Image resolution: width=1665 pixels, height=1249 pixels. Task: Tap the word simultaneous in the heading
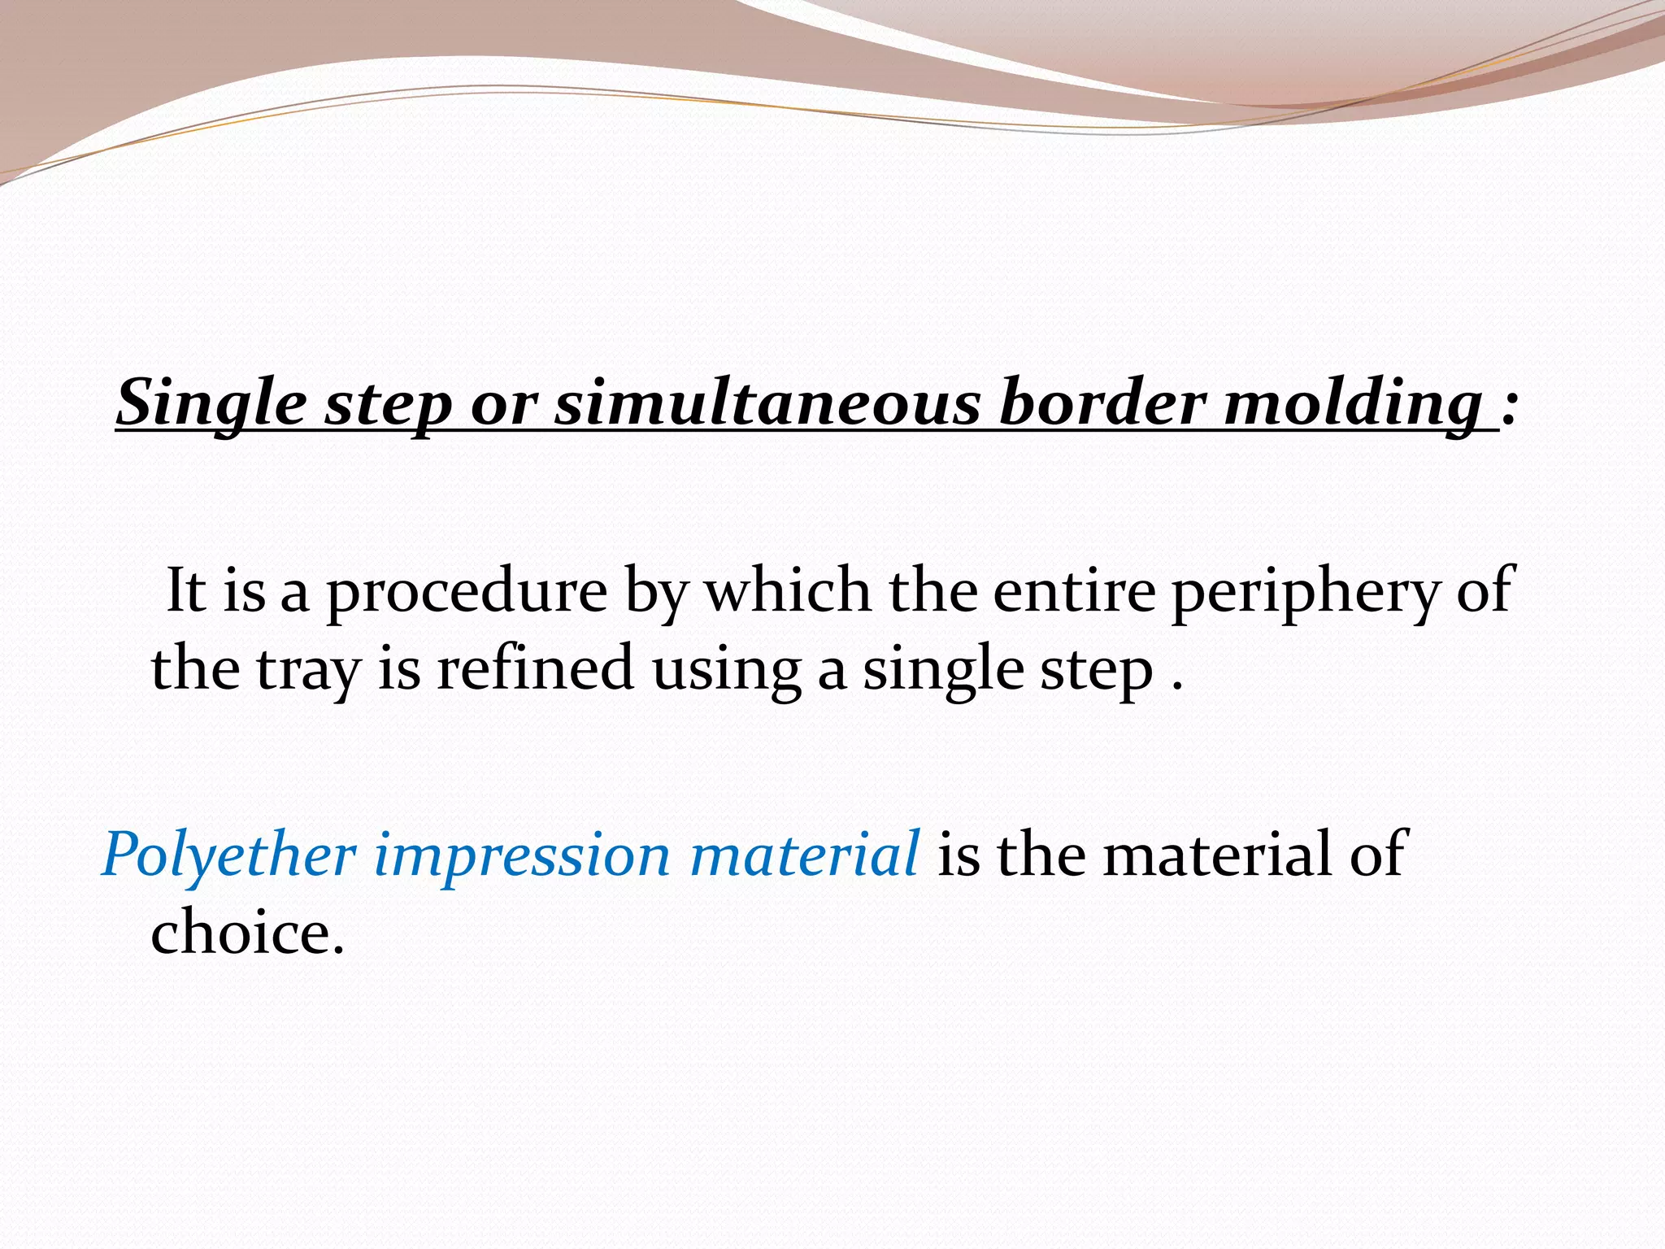coord(767,404)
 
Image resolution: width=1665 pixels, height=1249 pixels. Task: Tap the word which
coord(788,590)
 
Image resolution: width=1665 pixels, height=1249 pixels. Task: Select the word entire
coord(1074,590)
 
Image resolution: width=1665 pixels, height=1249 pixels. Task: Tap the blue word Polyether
coord(229,855)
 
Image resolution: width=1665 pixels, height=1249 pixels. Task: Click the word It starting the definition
coord(185,590)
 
